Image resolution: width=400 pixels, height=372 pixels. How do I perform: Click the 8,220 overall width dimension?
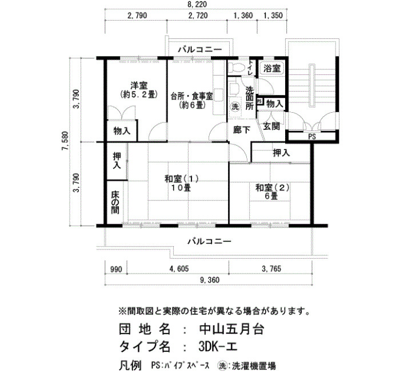[198, 5]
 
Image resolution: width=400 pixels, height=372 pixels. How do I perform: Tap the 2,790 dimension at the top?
[137, 15]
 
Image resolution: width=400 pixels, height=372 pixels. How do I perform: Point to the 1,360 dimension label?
[243, 15]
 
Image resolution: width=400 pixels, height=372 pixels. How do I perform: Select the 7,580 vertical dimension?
[65, 141]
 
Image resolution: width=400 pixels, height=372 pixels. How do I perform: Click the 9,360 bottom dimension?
[210, 280]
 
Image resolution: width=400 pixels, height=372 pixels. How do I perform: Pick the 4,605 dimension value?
[179, 269]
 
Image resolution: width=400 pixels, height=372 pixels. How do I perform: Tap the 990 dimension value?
[116, 270]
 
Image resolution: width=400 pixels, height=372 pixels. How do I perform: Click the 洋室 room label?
[139, 85]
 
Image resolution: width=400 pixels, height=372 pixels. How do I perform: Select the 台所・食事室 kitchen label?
[191, 97]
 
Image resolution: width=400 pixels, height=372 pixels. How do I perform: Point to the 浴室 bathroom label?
[272, 68]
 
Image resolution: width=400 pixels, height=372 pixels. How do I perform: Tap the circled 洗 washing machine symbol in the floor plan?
[235, 106]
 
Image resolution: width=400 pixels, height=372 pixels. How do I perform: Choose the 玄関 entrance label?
[271, 126]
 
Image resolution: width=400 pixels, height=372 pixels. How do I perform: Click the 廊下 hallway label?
[242, 130]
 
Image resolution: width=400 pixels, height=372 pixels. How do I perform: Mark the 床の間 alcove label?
[115, 203]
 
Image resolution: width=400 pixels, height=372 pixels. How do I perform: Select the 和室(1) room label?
[181, 179]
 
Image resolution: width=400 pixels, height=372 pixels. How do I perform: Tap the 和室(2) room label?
[273, 188]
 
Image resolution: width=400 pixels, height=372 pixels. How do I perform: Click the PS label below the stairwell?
[312, 137]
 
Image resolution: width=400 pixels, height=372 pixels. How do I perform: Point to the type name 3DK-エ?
[218, 346]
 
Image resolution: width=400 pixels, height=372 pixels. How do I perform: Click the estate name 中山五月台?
[231, 329]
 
